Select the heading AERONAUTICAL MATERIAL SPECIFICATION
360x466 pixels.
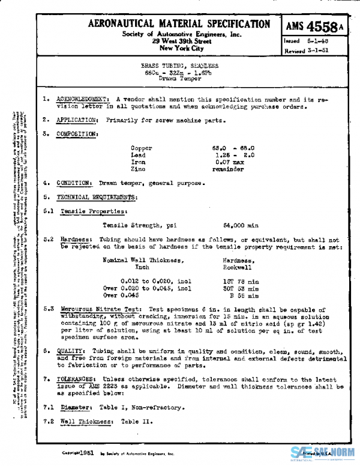pyautogui.click(x=179, y=24)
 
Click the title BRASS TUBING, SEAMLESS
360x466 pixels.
pyautogui.click(x=179, y=65)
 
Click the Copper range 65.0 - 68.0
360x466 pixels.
pyautogui.click(x=234, y=148)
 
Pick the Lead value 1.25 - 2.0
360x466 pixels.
pyautogui.click(x=234, y=155)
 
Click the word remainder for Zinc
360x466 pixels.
pyautogui.click(x=228, y=169)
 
